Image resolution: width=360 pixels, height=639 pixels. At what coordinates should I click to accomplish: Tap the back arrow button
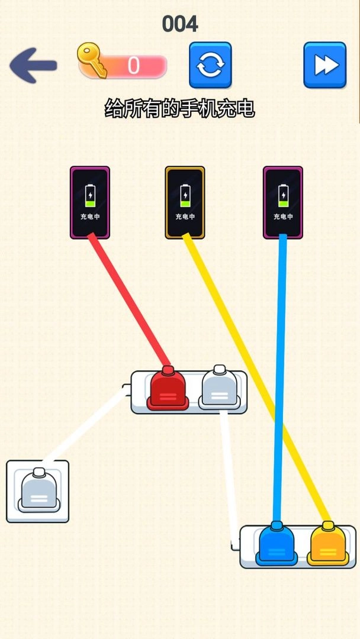pos(33,65)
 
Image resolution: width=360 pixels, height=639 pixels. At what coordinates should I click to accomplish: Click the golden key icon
pos(92,61)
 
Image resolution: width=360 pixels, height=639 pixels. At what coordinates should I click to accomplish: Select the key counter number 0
pos(133,65)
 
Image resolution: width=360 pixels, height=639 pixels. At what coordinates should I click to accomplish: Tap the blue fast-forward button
pos(325,65)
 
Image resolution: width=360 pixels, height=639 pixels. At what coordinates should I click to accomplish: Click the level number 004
pos(180,24)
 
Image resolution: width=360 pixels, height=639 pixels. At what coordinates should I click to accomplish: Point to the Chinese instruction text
pos(180,109)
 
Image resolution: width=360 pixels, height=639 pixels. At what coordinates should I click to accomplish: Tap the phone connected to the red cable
pos(89,202)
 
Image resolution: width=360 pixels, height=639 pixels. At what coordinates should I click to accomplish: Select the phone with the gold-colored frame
pos(185,202)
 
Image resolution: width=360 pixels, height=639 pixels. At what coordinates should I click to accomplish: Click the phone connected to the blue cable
pos(283,202)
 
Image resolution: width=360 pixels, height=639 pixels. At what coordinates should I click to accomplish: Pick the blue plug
pos(277,544)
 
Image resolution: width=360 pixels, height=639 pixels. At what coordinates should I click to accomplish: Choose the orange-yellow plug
pos(328,544)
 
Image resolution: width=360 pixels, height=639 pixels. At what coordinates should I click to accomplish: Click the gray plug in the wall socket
pos(39,490)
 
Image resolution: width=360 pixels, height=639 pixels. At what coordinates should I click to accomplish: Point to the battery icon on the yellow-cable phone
pos(185,196)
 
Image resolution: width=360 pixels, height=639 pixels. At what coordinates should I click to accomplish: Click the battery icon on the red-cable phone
pos(90,196)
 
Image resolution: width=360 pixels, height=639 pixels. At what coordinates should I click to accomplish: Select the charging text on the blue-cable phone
pos(283,217)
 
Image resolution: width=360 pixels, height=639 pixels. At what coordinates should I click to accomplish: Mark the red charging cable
pos(129,299)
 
